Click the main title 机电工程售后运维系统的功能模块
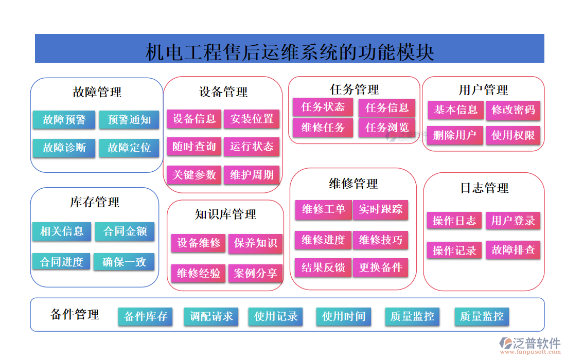(x=290, y=52)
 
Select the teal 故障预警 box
(x=64, y=120)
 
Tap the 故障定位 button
(x=129, y=148)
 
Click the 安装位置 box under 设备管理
(x=252, y=119)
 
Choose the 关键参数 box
(x=194, y=175)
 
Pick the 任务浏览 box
(x=387, y=127)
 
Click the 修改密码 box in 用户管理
(x=513, y=110)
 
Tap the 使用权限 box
(x=513, y=135)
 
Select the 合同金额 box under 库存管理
(x=125, y=231)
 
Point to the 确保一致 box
(x=124, y=262)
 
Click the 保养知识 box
(x=255, y=243)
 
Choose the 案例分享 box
(x=255, y=273)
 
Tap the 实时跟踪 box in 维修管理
(x=381, y=209)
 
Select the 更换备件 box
(x=381, y=267)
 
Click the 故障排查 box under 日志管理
(x=513, y=250)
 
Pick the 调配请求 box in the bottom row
(x=211, y=316)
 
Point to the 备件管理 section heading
(x=75, y=315)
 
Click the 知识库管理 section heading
(x=225, y=214)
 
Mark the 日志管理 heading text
(x=484, y=188)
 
